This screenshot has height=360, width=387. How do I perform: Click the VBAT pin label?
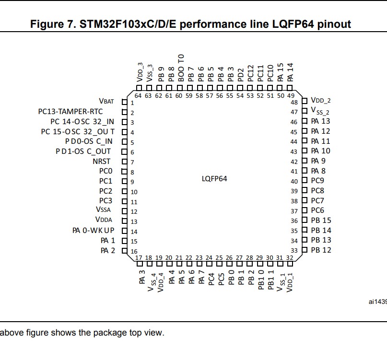pos(106,101)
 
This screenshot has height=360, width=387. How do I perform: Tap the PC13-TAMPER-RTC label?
pos(77,112)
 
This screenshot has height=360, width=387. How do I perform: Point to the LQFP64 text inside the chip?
pos(214,178)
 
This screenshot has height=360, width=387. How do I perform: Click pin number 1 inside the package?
pos(132,103)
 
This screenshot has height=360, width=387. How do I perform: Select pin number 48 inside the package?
pos(294,103)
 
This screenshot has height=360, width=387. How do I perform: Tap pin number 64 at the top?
pos(138,96)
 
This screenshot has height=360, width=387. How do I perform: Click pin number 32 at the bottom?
pos(290,258)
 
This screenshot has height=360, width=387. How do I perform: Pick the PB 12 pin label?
pos(321,250)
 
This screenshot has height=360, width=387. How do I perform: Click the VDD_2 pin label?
pos(321,101)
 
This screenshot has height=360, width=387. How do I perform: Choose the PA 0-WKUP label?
pos(94,231)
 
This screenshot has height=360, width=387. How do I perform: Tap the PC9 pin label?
pos(317,181)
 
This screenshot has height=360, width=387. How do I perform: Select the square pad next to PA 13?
pos(305,121)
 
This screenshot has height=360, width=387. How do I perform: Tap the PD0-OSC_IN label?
pos(89,141)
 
